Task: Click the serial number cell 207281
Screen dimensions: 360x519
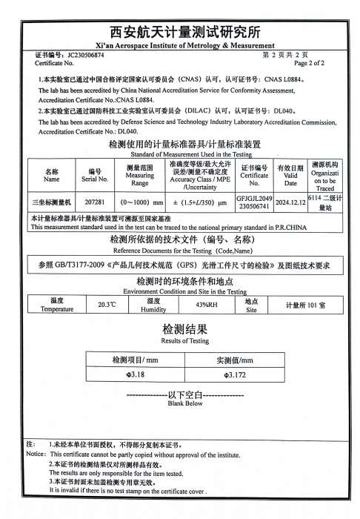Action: pos(95,202)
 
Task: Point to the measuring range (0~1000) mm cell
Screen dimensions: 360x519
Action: pos(141,202)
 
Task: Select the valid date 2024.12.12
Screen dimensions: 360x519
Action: pos(290,202)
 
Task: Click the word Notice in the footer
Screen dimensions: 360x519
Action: pos(36,454)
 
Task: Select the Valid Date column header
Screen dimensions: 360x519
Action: pos(290,176)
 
